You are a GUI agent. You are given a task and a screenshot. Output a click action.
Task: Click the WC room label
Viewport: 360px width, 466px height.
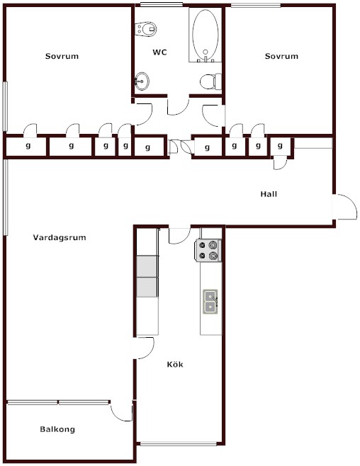pyautogui.click(x=159, y=52)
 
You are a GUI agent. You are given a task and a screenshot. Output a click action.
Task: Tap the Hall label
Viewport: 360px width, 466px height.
pyautogui.click(x=269, y=194)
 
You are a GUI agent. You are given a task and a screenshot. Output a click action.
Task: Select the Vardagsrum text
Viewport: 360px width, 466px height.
pyautogui.click(x=60, y=237)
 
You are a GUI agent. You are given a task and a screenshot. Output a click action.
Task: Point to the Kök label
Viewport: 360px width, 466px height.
pyautogui.click(x=175, y=364)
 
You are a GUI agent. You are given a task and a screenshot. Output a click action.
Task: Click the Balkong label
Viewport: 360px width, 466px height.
pyautogui.click(x=57, y=429)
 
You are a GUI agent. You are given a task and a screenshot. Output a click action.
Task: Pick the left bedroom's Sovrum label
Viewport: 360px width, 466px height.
pyautogui.click(x=62, y=56)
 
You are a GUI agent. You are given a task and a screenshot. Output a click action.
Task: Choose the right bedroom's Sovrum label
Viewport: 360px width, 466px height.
pyautogui.click(x=281, y=56)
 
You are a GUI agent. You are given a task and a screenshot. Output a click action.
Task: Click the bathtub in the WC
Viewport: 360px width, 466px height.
pyautogui.click(x=205, y=35)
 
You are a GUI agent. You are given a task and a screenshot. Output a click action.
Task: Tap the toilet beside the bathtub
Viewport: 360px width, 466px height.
pyautogui.click(x=210, y=81)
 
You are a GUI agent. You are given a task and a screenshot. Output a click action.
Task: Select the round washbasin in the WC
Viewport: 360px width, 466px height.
pyautogui.click(x=142, y=81)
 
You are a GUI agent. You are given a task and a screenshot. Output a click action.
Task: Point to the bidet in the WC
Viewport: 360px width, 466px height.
pyautogui.click(x=146, y=29)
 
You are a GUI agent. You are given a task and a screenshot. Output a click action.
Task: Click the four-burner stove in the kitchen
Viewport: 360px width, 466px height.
pyautogui.click(x=208, y=251)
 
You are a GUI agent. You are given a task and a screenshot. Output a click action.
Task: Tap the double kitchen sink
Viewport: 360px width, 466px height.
pyautogui.click(x=210, y=302)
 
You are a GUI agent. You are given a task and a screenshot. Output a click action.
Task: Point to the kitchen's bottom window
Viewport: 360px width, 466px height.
pyautogui.click(x=179, y=444)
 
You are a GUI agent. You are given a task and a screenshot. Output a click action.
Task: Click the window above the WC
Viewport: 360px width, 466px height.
pyautogui.click(x=162, y=4)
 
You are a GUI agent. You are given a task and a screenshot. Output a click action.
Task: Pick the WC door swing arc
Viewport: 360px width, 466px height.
pyautogui.click(x=179, y=106)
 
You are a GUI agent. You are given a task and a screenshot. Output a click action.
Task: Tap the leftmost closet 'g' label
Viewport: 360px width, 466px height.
pyautogui.click(x=28, y=146)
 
